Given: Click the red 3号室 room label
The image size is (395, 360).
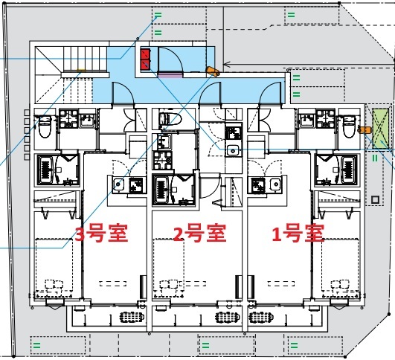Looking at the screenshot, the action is click(101, 233).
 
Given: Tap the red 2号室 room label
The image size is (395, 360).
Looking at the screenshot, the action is click(200, 233).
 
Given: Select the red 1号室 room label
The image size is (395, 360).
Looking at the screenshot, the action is click(298, 233).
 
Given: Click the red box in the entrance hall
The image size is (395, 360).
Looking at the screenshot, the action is click(145, 59).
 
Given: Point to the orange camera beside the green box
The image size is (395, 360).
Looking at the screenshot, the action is click(365, 130).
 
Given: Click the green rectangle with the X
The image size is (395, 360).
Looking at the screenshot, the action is click(380, 129).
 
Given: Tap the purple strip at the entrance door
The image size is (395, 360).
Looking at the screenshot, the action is click(170, 74).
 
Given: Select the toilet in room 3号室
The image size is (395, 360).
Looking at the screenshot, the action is click(45, 126).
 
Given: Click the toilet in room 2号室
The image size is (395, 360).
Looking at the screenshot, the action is click(170, 119).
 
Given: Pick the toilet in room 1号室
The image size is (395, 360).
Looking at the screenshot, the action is click(350, 126).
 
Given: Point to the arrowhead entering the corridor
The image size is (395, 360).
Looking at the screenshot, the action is click(226, 65).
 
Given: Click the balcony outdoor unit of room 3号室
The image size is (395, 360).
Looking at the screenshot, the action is click(132, 318).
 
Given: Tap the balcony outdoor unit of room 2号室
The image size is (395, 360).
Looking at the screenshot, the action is click(228, 318).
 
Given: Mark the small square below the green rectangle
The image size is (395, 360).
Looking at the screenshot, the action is click(375, 200).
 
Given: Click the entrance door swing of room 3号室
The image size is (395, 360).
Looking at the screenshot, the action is click(123, 93).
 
